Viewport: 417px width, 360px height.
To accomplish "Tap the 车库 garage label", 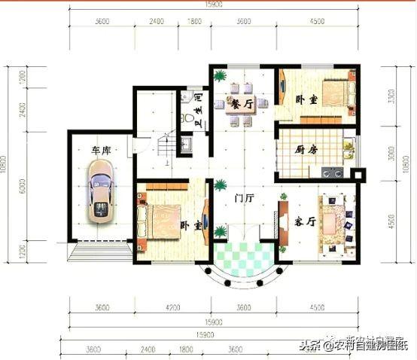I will click(102, 151).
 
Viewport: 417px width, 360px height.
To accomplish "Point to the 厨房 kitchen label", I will click(306, 149).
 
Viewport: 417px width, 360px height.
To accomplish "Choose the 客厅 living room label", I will click(304, 222).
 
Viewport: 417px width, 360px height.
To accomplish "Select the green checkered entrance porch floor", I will click(243, 258).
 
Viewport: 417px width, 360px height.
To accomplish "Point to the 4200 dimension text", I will click(172, 307).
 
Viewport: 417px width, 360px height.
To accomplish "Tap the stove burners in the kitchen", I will click(333, 172).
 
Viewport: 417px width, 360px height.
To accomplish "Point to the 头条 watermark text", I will click(306, 346).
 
